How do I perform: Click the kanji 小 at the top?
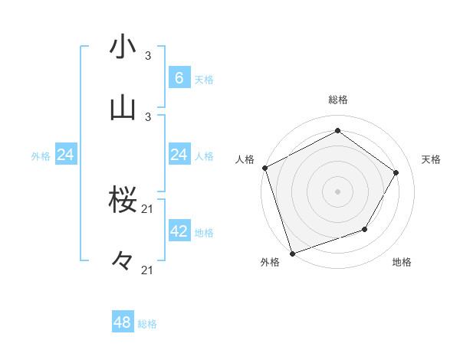pos(123,47)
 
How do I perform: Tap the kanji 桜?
pos(123,200)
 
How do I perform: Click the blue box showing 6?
pos(179,78)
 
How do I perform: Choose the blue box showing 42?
pos(179,231)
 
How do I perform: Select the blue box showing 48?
pos(123,322)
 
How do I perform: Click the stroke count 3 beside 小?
pos(148,55)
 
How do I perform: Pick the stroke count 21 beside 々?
pos(148,270)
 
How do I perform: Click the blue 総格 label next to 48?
pos(147,324)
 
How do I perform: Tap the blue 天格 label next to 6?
pos(204,80)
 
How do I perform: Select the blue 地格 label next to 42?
pos(204,233)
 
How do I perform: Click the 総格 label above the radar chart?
pos(337,100)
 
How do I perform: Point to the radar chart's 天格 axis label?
pos(431,159)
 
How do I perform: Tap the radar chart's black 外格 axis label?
pos(269,263)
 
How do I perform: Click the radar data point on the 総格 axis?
pos(337,131)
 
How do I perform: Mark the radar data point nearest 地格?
pos(365,229)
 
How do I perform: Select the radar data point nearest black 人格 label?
pos(264,168)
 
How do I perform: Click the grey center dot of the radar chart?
pos(337,191)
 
